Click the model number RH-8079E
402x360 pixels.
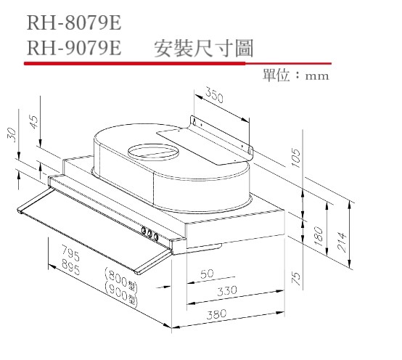click(73, 24)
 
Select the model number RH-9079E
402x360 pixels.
click(73, 49)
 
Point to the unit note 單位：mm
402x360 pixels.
click(297, 75)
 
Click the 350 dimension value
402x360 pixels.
click(213, 94)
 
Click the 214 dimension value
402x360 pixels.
click(342, 239)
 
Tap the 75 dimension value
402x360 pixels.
click(295, 279)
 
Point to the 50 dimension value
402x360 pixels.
click(207, 274)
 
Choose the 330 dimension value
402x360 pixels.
click(228, 290)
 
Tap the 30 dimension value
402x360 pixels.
click(11, 134)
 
